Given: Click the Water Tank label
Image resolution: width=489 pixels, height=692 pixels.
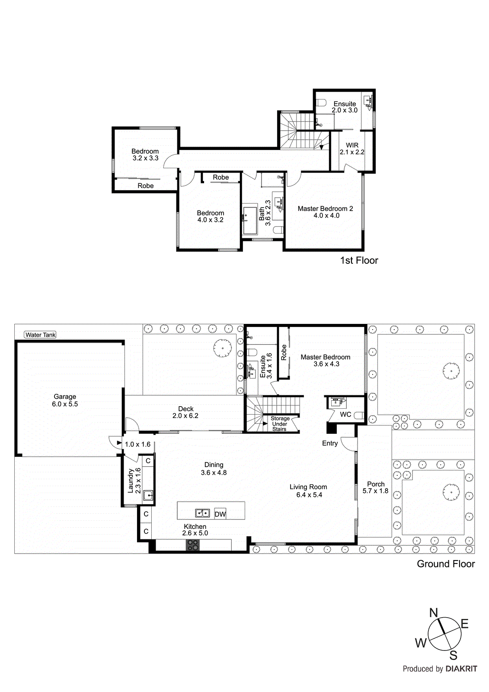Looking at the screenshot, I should tap(40, 335).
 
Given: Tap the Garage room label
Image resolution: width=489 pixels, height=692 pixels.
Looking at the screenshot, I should tap(65, 397).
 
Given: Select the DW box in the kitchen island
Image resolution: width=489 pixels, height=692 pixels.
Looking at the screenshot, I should tap(220, 514).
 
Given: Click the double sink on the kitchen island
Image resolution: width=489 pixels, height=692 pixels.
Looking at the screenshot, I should tap(202, 513).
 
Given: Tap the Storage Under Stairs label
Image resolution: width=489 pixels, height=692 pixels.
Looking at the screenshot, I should tap(280, 424).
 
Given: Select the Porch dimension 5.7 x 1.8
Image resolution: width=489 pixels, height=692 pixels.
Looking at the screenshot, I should tap(375, 491).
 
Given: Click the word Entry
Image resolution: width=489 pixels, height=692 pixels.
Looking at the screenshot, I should tap(330, 443).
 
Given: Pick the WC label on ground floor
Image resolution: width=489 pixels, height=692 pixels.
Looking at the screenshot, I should tap(345, 414).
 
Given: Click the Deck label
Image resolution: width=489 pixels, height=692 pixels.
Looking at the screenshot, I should tap(186, 409).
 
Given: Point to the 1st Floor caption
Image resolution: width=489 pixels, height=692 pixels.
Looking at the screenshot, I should tap(359, 260).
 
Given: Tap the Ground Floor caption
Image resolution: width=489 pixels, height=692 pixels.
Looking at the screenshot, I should tap(445, 564).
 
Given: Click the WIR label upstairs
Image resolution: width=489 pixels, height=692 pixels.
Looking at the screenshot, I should tap(352, 145).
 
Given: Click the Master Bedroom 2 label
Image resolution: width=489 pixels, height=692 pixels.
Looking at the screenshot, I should tap(325, 208).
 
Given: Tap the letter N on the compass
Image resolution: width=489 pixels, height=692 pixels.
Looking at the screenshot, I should tap(433, 613).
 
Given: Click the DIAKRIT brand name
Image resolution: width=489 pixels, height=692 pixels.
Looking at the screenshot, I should tap(461, 669).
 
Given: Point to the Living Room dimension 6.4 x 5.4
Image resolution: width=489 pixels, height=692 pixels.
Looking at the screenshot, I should tap(309, 495).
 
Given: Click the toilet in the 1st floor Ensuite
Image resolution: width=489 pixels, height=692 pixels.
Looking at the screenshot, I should tap(321, 103).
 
